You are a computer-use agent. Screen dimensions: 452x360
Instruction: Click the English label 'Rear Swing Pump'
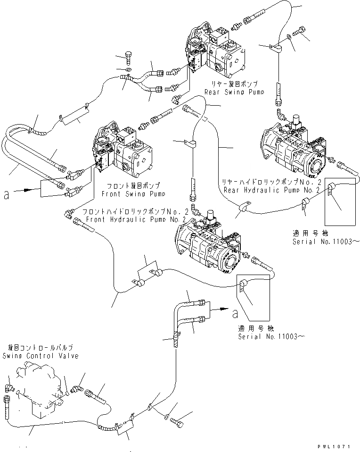pos(230,92)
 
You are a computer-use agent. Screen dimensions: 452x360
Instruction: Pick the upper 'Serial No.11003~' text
pos(325,241)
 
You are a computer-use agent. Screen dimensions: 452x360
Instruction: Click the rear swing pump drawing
pos(217,52)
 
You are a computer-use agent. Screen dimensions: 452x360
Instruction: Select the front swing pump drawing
pos(125,153)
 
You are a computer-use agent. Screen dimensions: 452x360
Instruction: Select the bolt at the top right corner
pos(300,31)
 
